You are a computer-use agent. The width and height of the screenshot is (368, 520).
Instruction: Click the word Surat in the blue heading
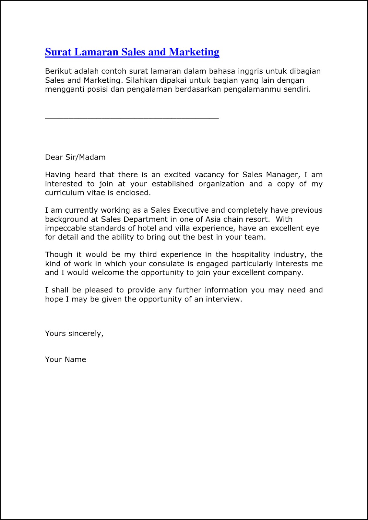(58, 52)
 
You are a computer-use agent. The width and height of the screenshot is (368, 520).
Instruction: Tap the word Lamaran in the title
(96, 52)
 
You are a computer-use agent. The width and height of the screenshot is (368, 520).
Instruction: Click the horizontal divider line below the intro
(132, 119)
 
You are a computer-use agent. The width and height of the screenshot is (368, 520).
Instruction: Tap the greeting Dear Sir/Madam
(75, 157)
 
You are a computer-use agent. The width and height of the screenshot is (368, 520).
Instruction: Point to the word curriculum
(64, 193)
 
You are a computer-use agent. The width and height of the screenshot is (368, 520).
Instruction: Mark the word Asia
(213, 219)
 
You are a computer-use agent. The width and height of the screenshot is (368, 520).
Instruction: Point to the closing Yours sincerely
(74, 334)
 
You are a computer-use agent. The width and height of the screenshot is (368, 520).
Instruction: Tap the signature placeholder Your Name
(65, 360)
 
